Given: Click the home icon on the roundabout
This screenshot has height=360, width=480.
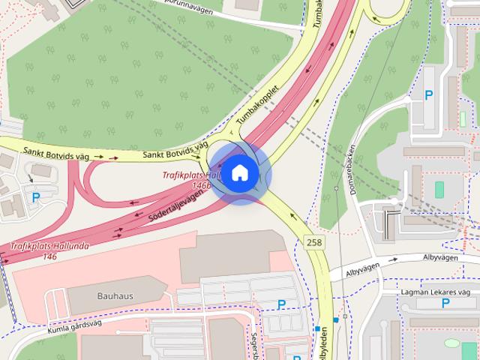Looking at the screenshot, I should pyautogui.click(x=239, y=173).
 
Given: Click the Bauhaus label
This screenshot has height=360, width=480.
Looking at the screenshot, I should pyautogui.click(x=115, y=295).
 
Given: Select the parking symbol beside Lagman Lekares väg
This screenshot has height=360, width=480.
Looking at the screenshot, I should pyautogui.click(x=445, y=303).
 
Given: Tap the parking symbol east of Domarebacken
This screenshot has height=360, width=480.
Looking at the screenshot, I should pyautogui.click(x=429, y=94).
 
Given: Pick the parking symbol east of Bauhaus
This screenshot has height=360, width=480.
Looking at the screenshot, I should pyautogui.click(x=281, y=304).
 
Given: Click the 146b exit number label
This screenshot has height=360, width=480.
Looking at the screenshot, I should pyautogui.click(x=201, y=184).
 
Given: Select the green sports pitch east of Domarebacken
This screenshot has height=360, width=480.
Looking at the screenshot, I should pyautogui.click(x=439, y=189).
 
